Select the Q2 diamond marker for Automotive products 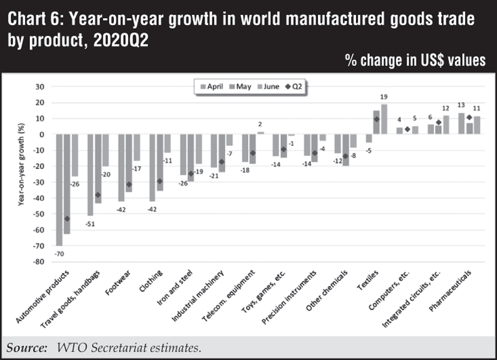(x=67, y=219)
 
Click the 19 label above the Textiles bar (x=384, y=97)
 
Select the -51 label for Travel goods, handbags (x=90, y=221)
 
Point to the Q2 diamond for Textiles (x=376, y=119)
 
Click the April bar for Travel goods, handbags (x=91, y=175)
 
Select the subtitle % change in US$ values (x=415, y=61)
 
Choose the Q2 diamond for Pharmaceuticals (x=469, y=117)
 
